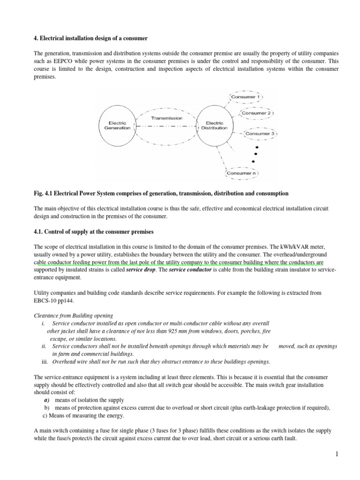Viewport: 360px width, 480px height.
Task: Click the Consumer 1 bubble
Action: [246, 97]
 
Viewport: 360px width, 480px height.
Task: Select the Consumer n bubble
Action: [242, 173]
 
